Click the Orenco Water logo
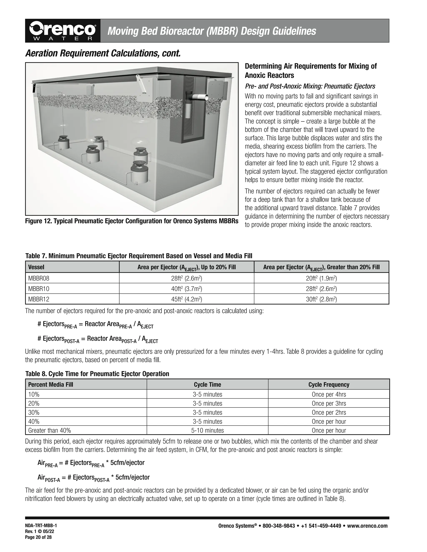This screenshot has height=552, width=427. pyautogui.click(x=63, y=31)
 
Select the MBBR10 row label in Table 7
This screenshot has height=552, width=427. pyautogui.click(x=39, y=289)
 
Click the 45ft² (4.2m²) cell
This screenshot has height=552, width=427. pyautogui.click(x=186, y=299)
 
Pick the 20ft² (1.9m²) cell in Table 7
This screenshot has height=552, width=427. pyautogui.click(x=321, y=278)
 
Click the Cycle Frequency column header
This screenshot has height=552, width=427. pyautogui.click(x=329, y=385)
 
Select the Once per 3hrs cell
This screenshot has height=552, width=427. pyautogui.click(x=329, y=403)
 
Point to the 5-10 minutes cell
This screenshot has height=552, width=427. pyautogui.click(x=207, y=430)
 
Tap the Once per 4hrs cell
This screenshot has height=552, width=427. pyautogui.click(x=329, y=394)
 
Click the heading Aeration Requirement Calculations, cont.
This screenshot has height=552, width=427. pyautogui.click(x=103, y=53)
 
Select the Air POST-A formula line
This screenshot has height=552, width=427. pyautogui.click(x=94, y=478)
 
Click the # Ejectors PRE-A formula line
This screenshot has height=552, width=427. pyautogui.click(x=95, y=325)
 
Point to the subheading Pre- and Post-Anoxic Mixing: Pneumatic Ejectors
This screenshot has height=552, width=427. pyautogui.click(x=310, y=86)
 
